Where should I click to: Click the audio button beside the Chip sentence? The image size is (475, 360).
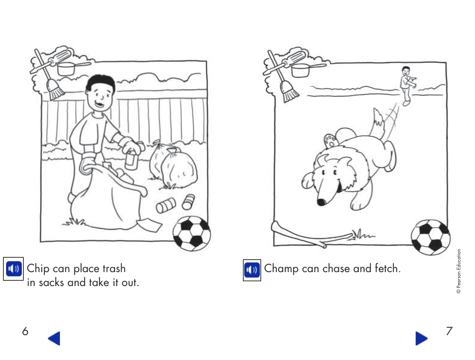13,268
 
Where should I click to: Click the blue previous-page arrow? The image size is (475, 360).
54,338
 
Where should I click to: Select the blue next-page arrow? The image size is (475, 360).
421,338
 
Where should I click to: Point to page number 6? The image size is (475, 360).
25,332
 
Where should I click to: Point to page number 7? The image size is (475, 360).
449,332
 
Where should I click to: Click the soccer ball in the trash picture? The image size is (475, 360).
191,233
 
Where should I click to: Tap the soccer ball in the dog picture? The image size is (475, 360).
430,236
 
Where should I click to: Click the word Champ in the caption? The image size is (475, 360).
282,268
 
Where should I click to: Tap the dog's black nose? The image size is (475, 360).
322,202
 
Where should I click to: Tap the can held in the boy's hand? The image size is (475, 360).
129,160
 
